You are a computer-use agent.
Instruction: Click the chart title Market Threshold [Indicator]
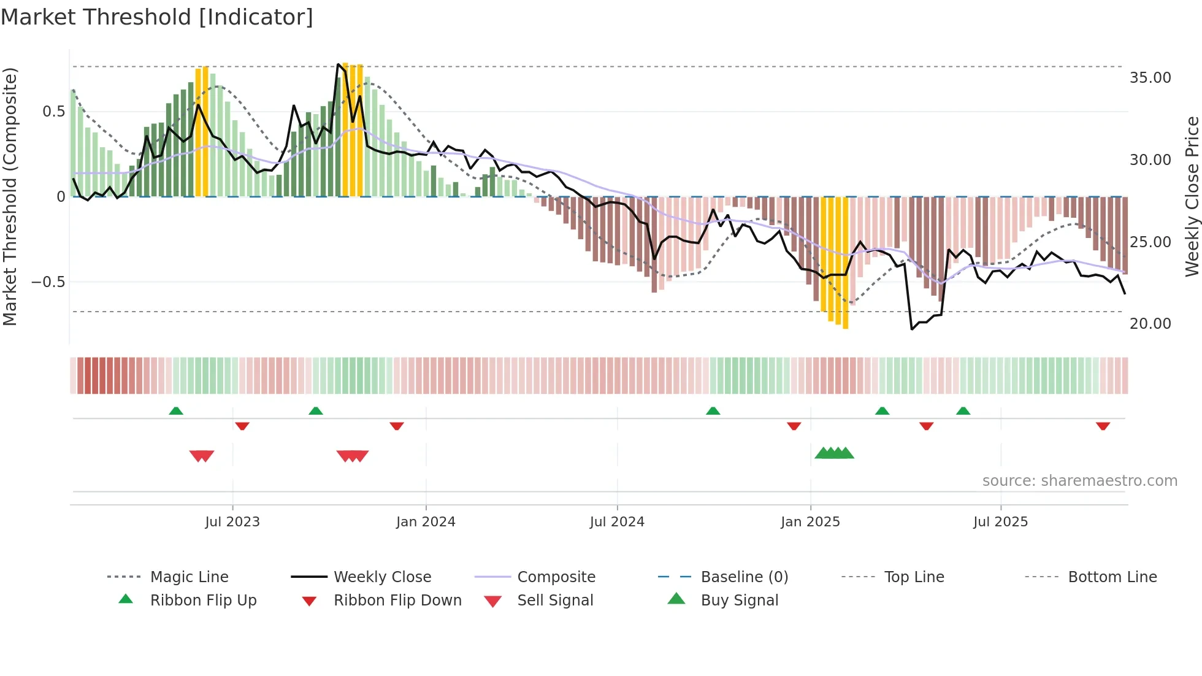(157, 17)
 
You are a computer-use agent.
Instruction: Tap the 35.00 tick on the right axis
(1150, 78)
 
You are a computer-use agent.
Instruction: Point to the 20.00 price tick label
(1150, 324)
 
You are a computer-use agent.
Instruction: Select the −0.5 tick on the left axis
(48, 282)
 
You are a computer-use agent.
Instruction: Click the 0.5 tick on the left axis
(53, 112)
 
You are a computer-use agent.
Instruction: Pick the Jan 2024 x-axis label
(426, 522)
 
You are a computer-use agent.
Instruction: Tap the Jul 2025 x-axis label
(1000, 522)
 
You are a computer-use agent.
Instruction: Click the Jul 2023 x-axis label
(232, 522)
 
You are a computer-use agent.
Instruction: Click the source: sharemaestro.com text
(1079, 481)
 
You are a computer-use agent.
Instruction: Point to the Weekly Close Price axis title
(1192, 196)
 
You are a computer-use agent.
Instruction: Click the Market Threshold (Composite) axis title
(10, 196)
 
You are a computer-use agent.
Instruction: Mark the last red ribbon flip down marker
(1103, 426)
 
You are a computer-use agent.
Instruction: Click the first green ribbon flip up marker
(176, 410)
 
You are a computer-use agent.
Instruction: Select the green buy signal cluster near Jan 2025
(834, 453)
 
